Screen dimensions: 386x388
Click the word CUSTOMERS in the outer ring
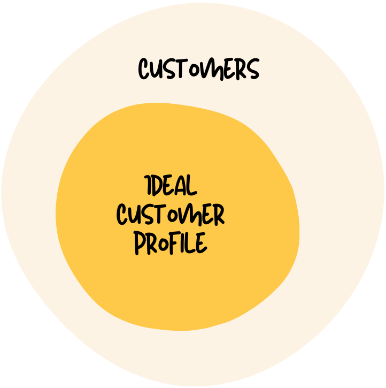(199, 70)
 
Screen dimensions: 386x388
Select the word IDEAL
(171, 186)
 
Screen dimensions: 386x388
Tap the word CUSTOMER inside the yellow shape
(171, 215)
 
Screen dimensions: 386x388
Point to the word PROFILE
(170, 244)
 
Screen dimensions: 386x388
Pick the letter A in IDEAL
(181, 186)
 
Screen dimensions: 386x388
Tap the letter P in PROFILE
(140, 244)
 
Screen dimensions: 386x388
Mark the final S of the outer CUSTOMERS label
(252, 70)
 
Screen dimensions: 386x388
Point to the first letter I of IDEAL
(148, 186)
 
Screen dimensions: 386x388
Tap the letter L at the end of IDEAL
(192, 186)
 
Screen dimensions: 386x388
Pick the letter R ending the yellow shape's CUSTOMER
(218, 215)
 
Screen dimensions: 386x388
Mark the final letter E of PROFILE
(200, 244)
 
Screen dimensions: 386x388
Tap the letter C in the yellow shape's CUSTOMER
(123, 215)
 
